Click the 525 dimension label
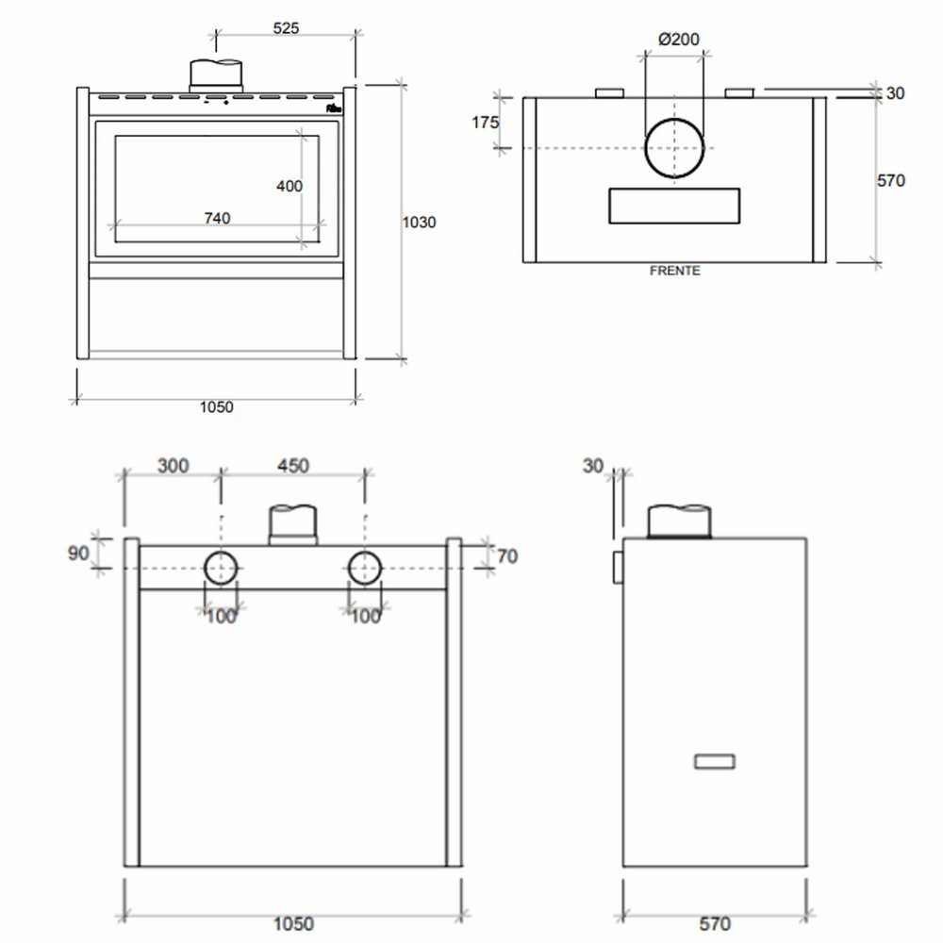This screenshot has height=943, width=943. (x=286, y=27)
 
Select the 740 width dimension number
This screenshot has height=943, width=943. (x=216, y=218)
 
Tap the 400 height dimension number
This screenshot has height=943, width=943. (x=290, y=186)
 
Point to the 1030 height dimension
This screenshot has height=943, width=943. (x=419, y=223)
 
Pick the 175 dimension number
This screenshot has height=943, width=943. (x=486, y=123)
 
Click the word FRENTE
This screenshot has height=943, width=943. (x=674, y=271)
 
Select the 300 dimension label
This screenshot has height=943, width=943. (x=174, y=465)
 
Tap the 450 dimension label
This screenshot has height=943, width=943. (x=292, y=465)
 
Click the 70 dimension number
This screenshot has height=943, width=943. (x=506, y=556)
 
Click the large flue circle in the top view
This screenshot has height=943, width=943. (x=674, y=149)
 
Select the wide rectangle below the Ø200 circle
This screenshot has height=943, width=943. (x=674, y=207)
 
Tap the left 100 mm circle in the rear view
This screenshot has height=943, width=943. (x=222, y=569)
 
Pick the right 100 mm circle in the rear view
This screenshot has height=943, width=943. (x=365, y=569)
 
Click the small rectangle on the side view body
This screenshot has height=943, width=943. (x=715, y=761)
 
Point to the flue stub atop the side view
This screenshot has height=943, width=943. (x=679, y=521)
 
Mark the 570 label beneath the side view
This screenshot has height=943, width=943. (x=716, y=924)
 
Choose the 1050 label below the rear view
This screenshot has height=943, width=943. (x=294, y=924)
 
